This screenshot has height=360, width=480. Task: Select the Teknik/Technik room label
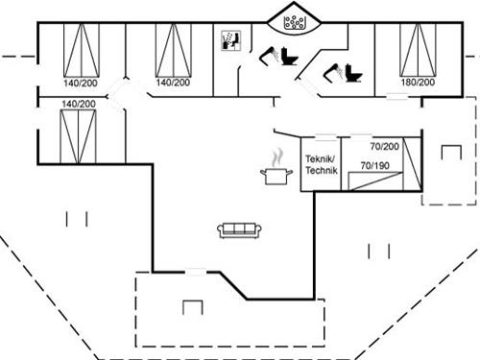pyautogui.click(x=320, y=164)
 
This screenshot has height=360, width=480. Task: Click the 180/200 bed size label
pyautogui.click(x=418, y=84)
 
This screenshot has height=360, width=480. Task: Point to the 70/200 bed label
pyautogui.click(x=384, y=147)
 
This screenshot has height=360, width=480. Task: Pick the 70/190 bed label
pyautogui.click(x=373, y=165)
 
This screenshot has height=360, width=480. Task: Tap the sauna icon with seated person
pyautogui.click(x=230, y=40)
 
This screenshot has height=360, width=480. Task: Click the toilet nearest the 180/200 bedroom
pyautogui.click(x=344, y=72)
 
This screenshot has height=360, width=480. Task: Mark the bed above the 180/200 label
pyautogui.click(x=418, y=48)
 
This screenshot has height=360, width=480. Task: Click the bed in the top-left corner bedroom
pyautogui.click(x=79, y=49)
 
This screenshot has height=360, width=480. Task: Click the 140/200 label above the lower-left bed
pyautogui.click(x=79, y=103)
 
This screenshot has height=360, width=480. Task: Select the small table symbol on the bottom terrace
pyautogui.click(x=193, y=306)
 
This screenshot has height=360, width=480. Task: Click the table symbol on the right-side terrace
pyautogui.click(x=449, y=152)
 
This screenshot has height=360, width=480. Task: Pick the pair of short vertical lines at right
pyautogui.click(x=378, y=252)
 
